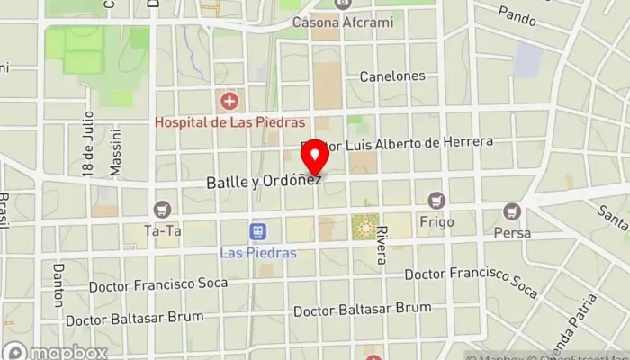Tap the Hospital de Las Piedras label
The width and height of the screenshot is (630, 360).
(x=230, y=121)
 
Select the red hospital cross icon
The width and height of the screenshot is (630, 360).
(x=230, y=101)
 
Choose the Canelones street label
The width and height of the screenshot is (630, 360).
(x=392, y=76)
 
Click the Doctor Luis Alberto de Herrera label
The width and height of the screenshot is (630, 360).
(x=409, y=143)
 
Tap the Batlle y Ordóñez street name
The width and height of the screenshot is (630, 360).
(x=263, y=182)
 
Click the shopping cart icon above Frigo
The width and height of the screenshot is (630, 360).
(x=437, y=200)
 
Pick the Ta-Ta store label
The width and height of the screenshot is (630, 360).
(x=163, y=229)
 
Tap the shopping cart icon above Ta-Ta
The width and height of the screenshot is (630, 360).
(x=162, y=210)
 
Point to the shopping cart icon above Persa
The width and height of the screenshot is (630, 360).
(x=512, y=212)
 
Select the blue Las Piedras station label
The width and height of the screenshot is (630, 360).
(x=258, y=252)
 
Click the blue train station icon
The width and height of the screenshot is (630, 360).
(x=258, y=232)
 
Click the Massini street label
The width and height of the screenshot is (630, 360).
(x=115, y=157)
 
